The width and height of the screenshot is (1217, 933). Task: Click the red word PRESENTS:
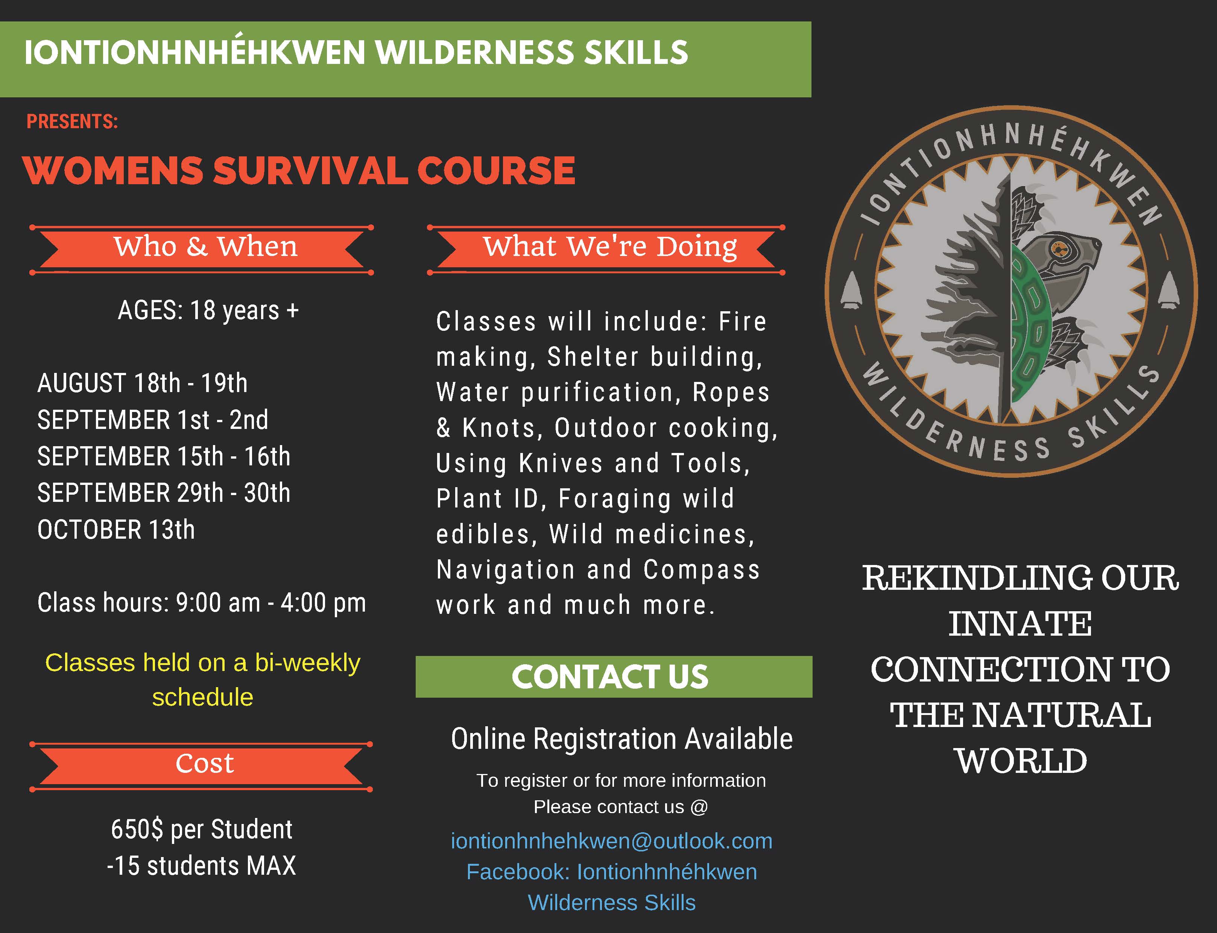coord(72,122)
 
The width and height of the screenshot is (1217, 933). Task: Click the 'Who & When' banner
coord(202,249)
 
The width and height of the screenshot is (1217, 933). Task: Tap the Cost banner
coord(201,766)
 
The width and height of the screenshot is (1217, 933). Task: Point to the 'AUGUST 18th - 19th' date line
coord(142,383)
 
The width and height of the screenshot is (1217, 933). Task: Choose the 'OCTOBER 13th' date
coord(116,530)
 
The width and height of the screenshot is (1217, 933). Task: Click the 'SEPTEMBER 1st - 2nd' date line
coord(153,420)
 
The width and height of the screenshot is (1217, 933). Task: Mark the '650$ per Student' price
coord(202,829)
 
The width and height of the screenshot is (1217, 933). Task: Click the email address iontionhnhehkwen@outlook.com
coord(611,841)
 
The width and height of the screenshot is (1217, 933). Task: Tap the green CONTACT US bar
coord(614,676)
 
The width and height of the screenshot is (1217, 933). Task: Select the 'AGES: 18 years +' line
coord(208,310)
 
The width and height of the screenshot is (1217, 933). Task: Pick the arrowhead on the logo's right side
coord(1170,290)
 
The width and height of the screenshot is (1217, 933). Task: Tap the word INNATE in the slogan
coord(1020,624)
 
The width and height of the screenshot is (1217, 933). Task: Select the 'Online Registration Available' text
coord(622,739)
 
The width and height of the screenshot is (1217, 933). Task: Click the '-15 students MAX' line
coord(201,866)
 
